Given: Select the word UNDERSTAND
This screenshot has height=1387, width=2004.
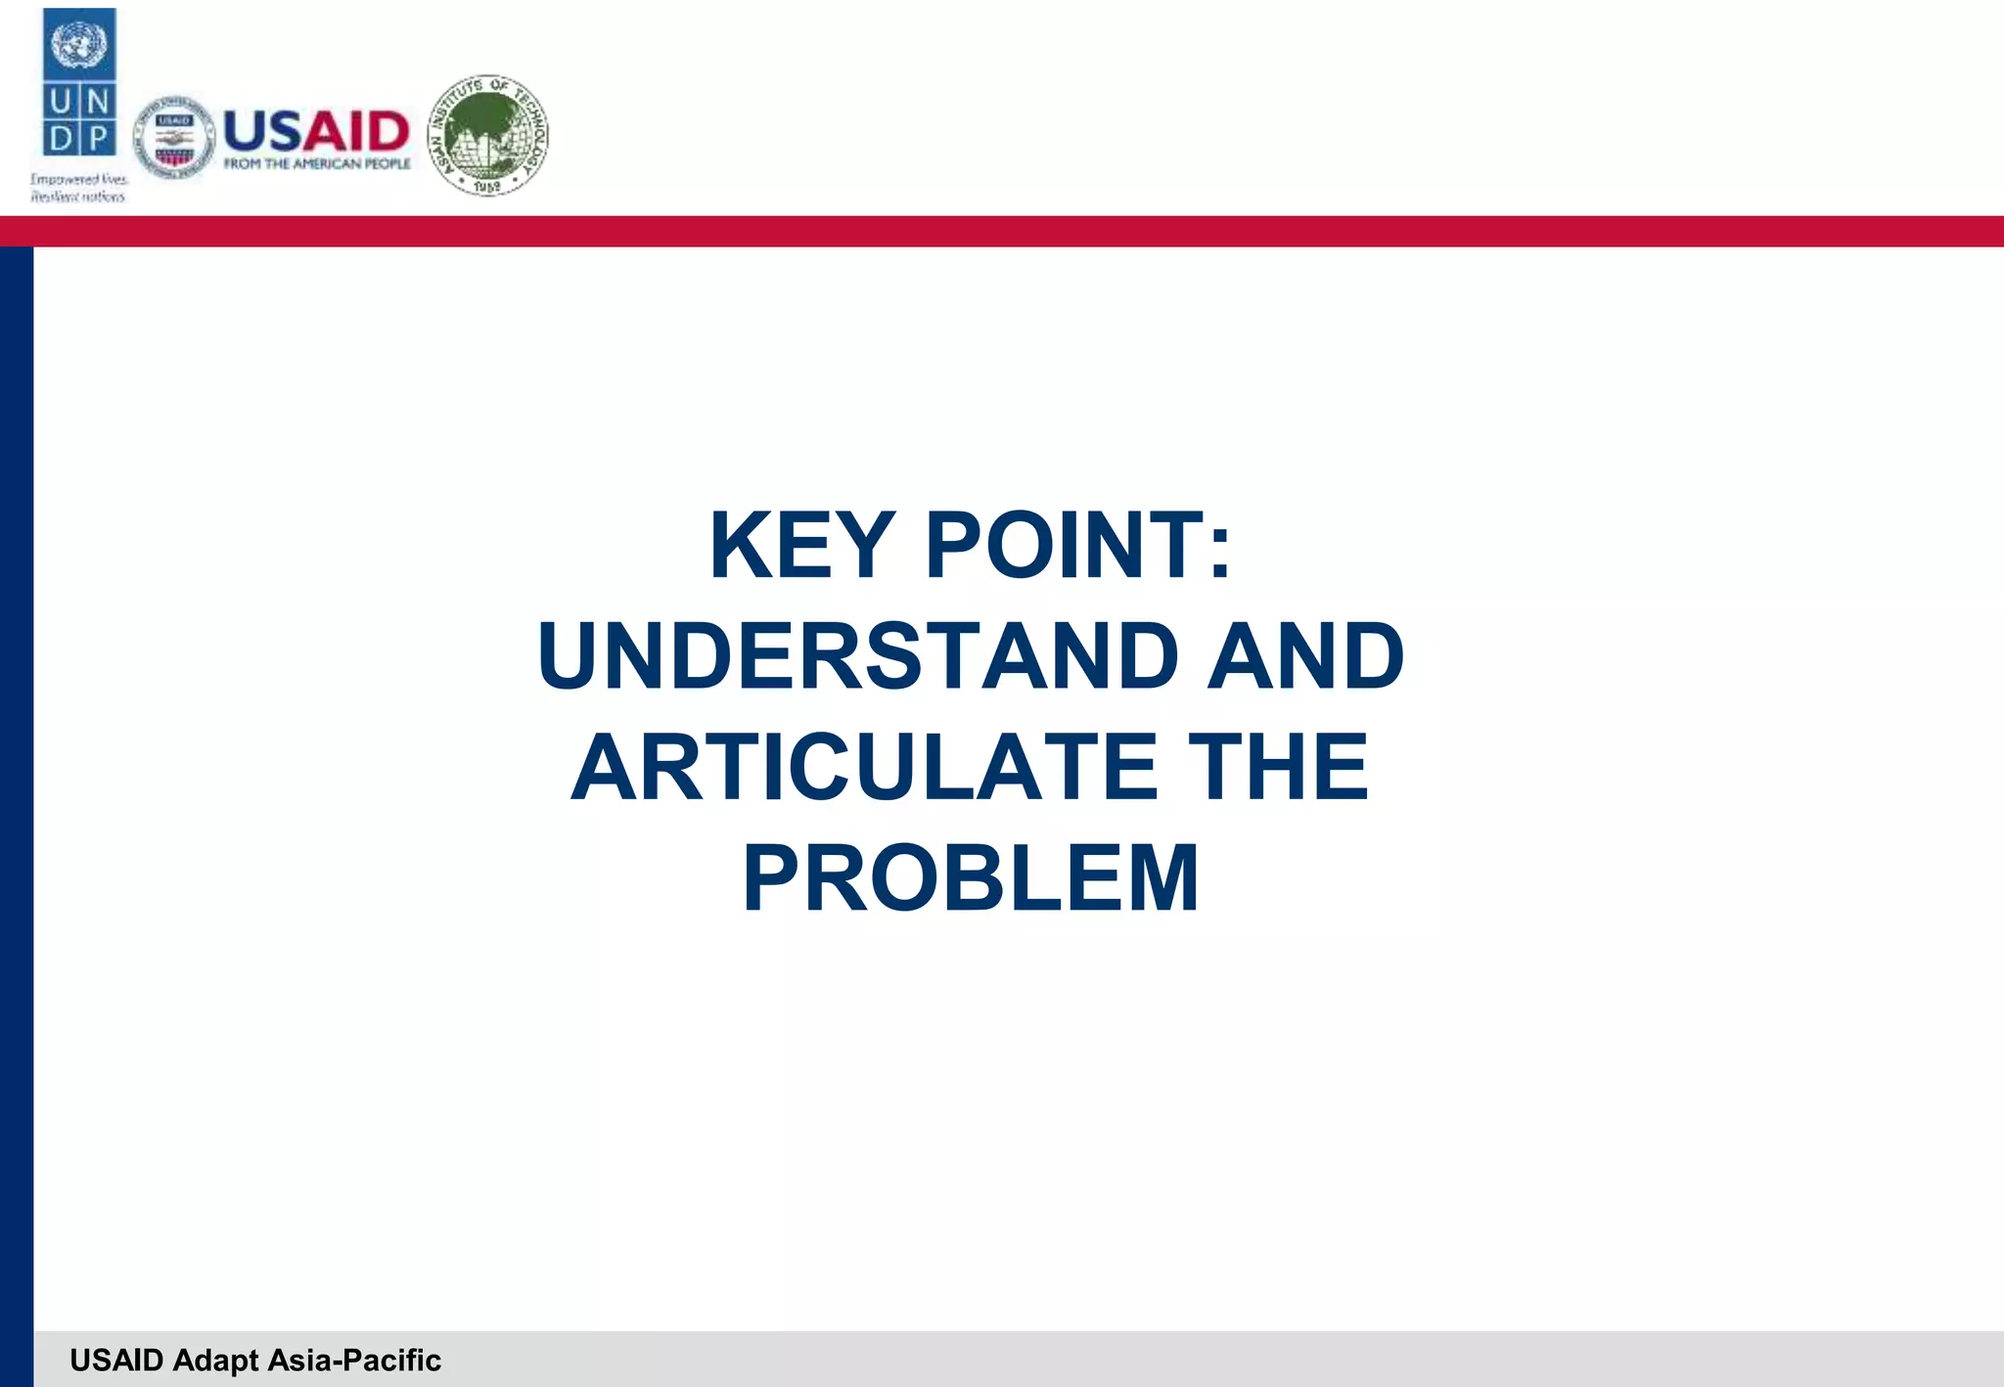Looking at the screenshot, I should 858,655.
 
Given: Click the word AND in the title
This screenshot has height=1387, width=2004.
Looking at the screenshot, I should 1305,655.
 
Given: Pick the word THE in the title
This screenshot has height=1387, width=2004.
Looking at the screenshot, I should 1278,767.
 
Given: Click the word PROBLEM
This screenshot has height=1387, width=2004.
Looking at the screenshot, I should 970,877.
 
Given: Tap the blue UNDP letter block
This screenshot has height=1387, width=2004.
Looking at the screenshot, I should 79,119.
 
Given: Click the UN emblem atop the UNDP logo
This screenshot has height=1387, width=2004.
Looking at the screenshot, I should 79,44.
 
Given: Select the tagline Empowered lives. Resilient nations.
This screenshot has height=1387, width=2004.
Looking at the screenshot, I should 78,188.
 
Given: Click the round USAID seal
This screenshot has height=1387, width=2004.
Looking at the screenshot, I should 174,139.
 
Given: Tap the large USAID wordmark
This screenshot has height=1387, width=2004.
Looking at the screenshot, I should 316,131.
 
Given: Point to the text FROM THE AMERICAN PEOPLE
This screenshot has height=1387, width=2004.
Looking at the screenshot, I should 317,163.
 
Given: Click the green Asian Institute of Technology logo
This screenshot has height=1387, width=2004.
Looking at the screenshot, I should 488,135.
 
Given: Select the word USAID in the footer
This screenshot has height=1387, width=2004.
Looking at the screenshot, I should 116,1361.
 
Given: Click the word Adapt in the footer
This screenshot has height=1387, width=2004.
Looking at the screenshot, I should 216,1361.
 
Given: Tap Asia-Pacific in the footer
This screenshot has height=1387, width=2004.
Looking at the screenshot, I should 354,1361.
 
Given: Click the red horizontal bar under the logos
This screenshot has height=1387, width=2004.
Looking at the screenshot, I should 1002,231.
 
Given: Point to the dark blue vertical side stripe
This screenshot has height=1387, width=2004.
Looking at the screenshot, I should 16,783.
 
